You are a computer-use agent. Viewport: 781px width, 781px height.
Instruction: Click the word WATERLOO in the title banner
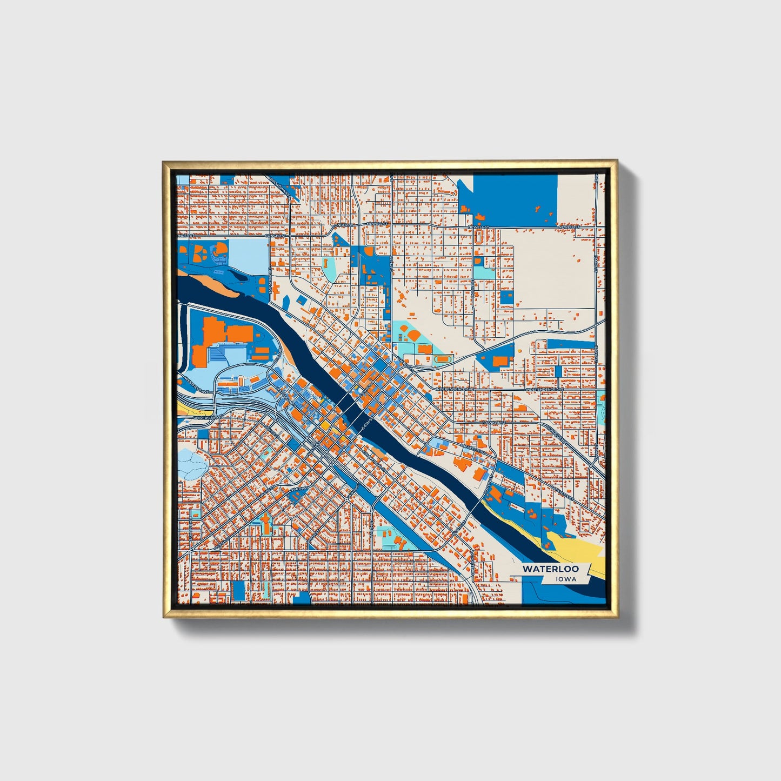tap(550, 569)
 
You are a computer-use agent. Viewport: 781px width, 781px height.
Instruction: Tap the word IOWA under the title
tap(565, 579)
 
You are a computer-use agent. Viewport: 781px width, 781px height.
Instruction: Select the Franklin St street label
tap(496, 422)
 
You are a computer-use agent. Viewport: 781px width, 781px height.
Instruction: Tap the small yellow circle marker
tap(518, 350)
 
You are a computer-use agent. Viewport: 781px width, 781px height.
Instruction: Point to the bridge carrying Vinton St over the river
tap(478, 506)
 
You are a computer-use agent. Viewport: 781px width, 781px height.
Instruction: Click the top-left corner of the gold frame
tap(164, 162)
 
